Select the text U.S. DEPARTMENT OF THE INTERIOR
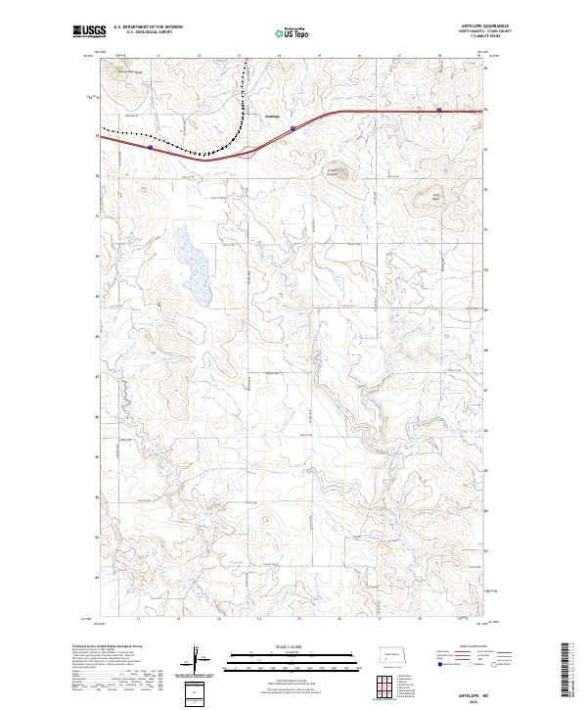pos(148,27)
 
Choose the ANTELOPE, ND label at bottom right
pos(471,691)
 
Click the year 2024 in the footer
pos(471,701)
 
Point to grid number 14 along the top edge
pos(279,55)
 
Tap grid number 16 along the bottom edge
pos(338,619)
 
